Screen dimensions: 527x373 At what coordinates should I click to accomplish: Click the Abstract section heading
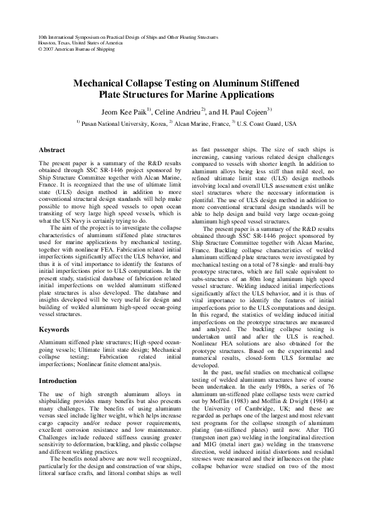click(x=52, y=151)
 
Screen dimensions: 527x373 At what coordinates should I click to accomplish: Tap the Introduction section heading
click(x=58, y=381)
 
